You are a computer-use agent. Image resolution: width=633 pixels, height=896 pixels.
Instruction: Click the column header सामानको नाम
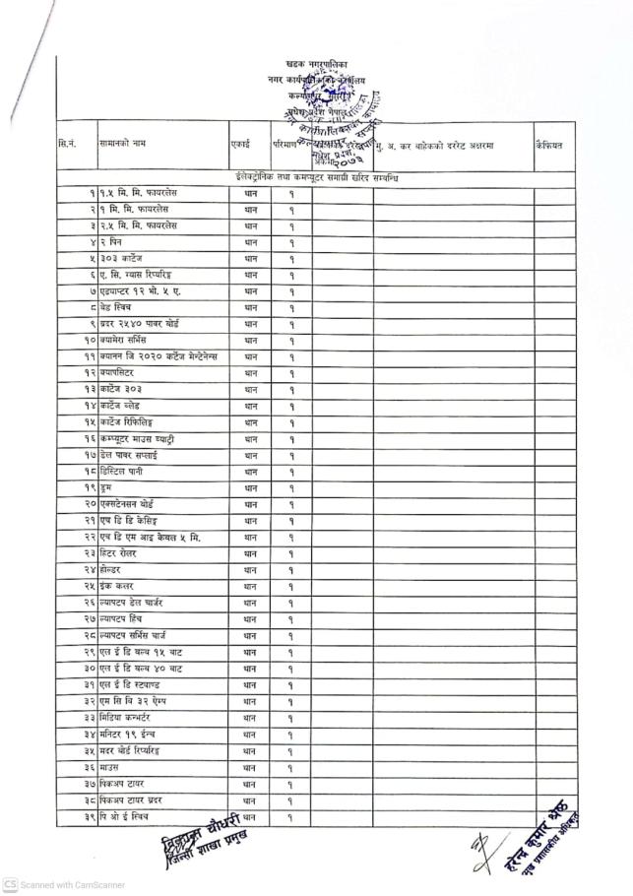tap(123, 145)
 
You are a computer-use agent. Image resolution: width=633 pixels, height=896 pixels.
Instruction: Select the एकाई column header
tap(239, 145)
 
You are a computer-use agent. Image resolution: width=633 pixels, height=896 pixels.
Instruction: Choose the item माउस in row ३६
tap(111, 768)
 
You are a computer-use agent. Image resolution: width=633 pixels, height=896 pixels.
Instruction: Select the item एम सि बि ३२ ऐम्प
tap(137, 701)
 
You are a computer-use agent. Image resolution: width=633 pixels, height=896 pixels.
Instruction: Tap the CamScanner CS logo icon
tap(10, 884)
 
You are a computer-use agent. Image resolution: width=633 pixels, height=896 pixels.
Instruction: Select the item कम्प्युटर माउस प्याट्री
tap(137, 438)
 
